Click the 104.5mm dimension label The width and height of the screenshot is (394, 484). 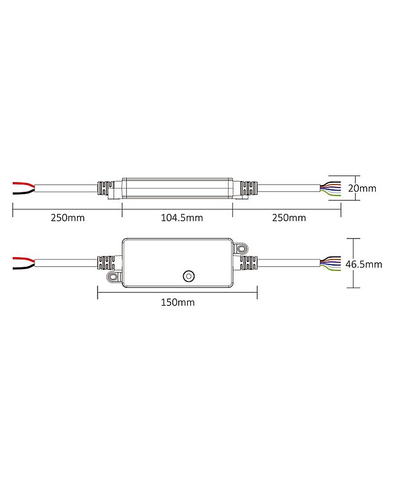point(182,218)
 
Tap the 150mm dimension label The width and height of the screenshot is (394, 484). point(178,302)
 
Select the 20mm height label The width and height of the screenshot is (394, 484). point(362,188)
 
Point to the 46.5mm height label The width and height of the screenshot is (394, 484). point(364,264)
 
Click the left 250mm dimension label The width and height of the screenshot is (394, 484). point(68,218)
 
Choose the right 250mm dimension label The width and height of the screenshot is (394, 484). point(289,218)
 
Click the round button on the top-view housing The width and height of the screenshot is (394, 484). point(189,276)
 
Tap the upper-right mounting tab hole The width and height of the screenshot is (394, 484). point(241,248)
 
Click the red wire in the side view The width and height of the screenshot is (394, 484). point(24,185)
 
